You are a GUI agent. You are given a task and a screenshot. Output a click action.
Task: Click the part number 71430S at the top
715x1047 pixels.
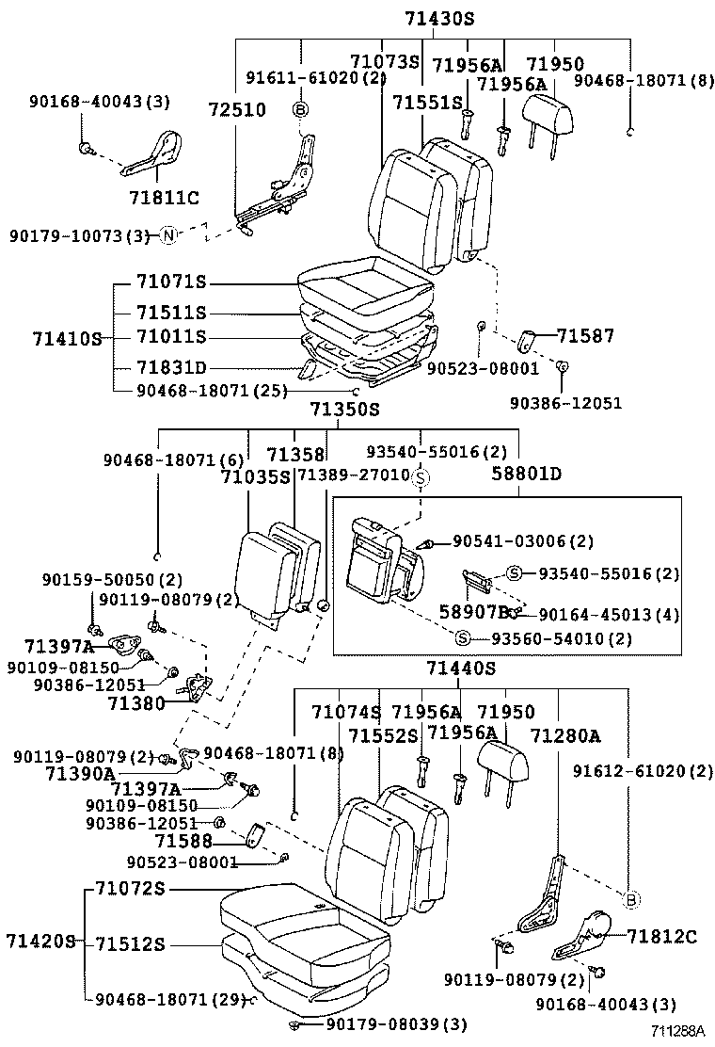(x=439, y=18)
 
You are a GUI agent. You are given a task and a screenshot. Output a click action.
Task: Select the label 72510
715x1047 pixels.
(x=237, y=109)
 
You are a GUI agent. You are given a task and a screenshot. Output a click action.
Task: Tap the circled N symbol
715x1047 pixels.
(x=166, y=235)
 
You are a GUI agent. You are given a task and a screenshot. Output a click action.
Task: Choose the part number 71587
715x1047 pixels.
(x=584, y=334)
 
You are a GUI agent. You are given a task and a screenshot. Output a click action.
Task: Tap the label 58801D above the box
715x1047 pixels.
(x=526, y=474)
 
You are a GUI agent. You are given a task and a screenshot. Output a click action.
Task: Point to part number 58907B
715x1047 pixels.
(x=475, y=612)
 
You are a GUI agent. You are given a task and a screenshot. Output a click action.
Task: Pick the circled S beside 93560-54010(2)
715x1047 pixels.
(x=463, y=638)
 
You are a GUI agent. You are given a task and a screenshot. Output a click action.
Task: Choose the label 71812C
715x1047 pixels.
(x=661, y=936)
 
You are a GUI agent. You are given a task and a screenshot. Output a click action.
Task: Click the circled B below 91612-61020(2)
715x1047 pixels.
(x=631, y=899)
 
